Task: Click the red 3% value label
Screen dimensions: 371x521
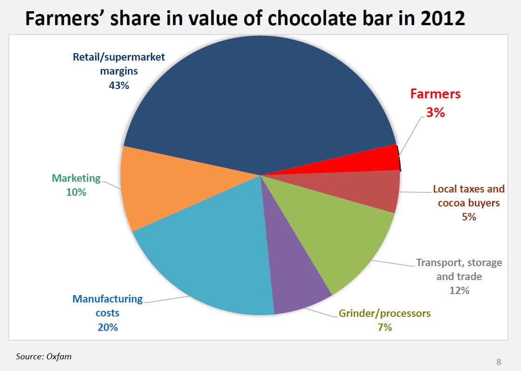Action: pyautogui.click(x=435, y=112)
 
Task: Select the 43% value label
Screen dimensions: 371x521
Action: pyautogui.click(x=119, y=85)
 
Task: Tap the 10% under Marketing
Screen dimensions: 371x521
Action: pyautogui.click(x=76, y=192)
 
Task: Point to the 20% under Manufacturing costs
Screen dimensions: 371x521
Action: pyautogui.click(x=108, y=327)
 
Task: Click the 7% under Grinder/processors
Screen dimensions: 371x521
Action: pyautogui.click(x=384, y=327)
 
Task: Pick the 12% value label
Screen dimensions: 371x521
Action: pyautogui.click(x=459, y=290)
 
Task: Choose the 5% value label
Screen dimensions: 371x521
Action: pyautogui.click(x=468, y=216)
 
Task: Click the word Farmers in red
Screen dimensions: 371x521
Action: pyautogui.click(x=435, y=94)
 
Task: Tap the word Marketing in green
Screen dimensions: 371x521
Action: pyautogui.click(x=76, y=178)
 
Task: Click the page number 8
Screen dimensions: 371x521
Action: pyautogui.click(x=499, y=362)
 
